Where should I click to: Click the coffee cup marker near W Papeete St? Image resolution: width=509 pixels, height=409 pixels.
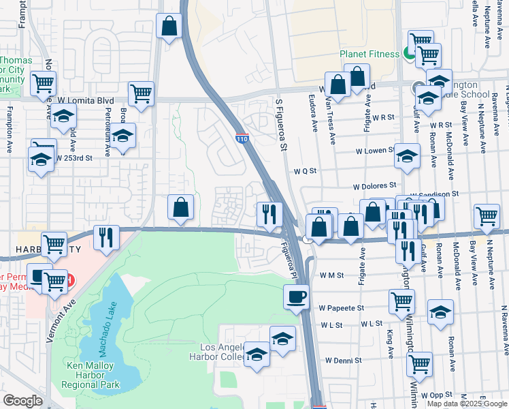[296, 297]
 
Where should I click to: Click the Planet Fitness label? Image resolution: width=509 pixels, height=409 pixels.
[370, 55]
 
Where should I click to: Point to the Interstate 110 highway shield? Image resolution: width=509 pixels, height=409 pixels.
[242, 138]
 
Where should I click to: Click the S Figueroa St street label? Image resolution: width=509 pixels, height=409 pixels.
[279, 122]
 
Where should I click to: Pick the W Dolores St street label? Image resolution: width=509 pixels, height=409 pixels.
[374, 185]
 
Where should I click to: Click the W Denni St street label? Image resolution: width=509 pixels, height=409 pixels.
[344, 360]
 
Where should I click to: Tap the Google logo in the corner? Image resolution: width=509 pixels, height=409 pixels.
[22, 401]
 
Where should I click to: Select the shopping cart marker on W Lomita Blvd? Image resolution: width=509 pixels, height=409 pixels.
[141, 93]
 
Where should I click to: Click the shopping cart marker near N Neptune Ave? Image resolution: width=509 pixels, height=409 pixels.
[487, 217]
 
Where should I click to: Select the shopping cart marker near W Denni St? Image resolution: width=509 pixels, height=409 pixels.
[420, 364]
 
